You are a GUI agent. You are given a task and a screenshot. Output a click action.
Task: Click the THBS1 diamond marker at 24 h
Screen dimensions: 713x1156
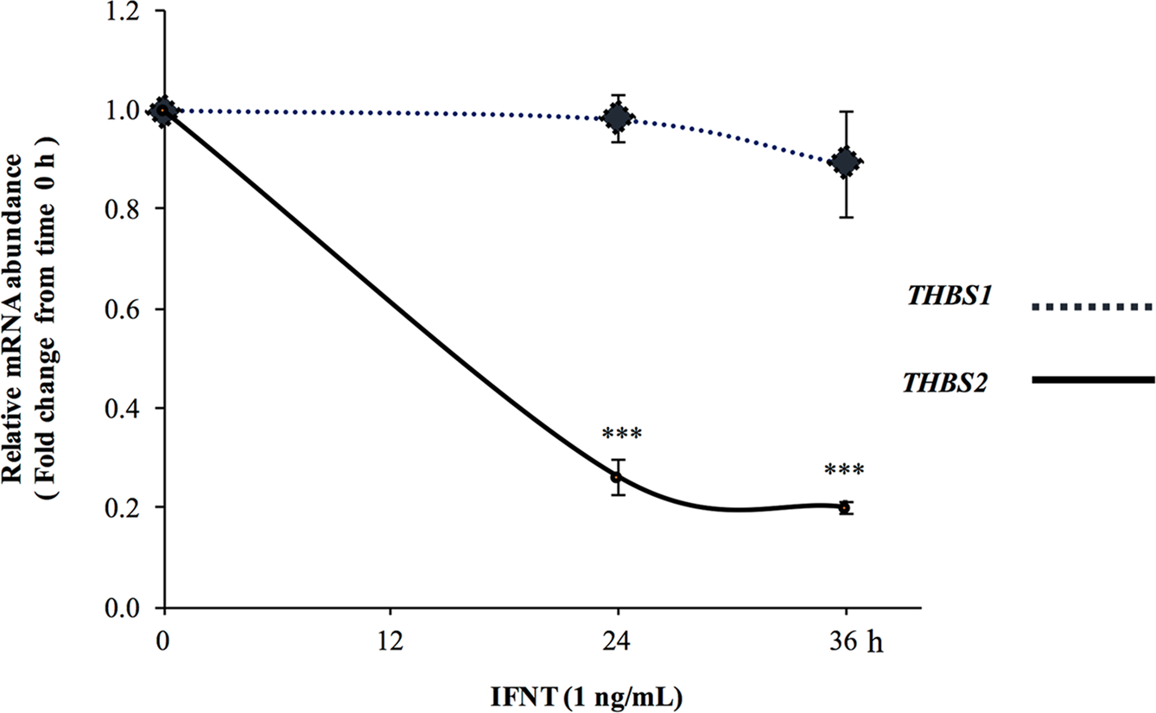pyautogui.click(x=617, y=118)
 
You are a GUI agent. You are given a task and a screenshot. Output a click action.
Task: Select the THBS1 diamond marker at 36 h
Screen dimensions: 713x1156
pyautogui.click(x=846, y=162)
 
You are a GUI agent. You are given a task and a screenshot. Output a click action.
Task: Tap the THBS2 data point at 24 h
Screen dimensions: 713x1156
pyautogui.click(x=616, y=476)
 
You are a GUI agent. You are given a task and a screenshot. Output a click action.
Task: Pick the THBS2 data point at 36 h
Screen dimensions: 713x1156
pyautogui.click(x=845, y=507)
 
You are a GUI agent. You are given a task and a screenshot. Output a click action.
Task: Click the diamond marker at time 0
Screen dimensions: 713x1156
pyautogui.click(x=164, y=111)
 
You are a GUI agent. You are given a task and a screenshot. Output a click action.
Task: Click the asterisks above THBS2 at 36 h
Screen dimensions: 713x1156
pyautogui.click(x=845, y=471)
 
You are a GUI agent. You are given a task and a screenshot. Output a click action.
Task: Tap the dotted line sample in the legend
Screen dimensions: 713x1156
pyautogui.click(x=1092, y=307)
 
